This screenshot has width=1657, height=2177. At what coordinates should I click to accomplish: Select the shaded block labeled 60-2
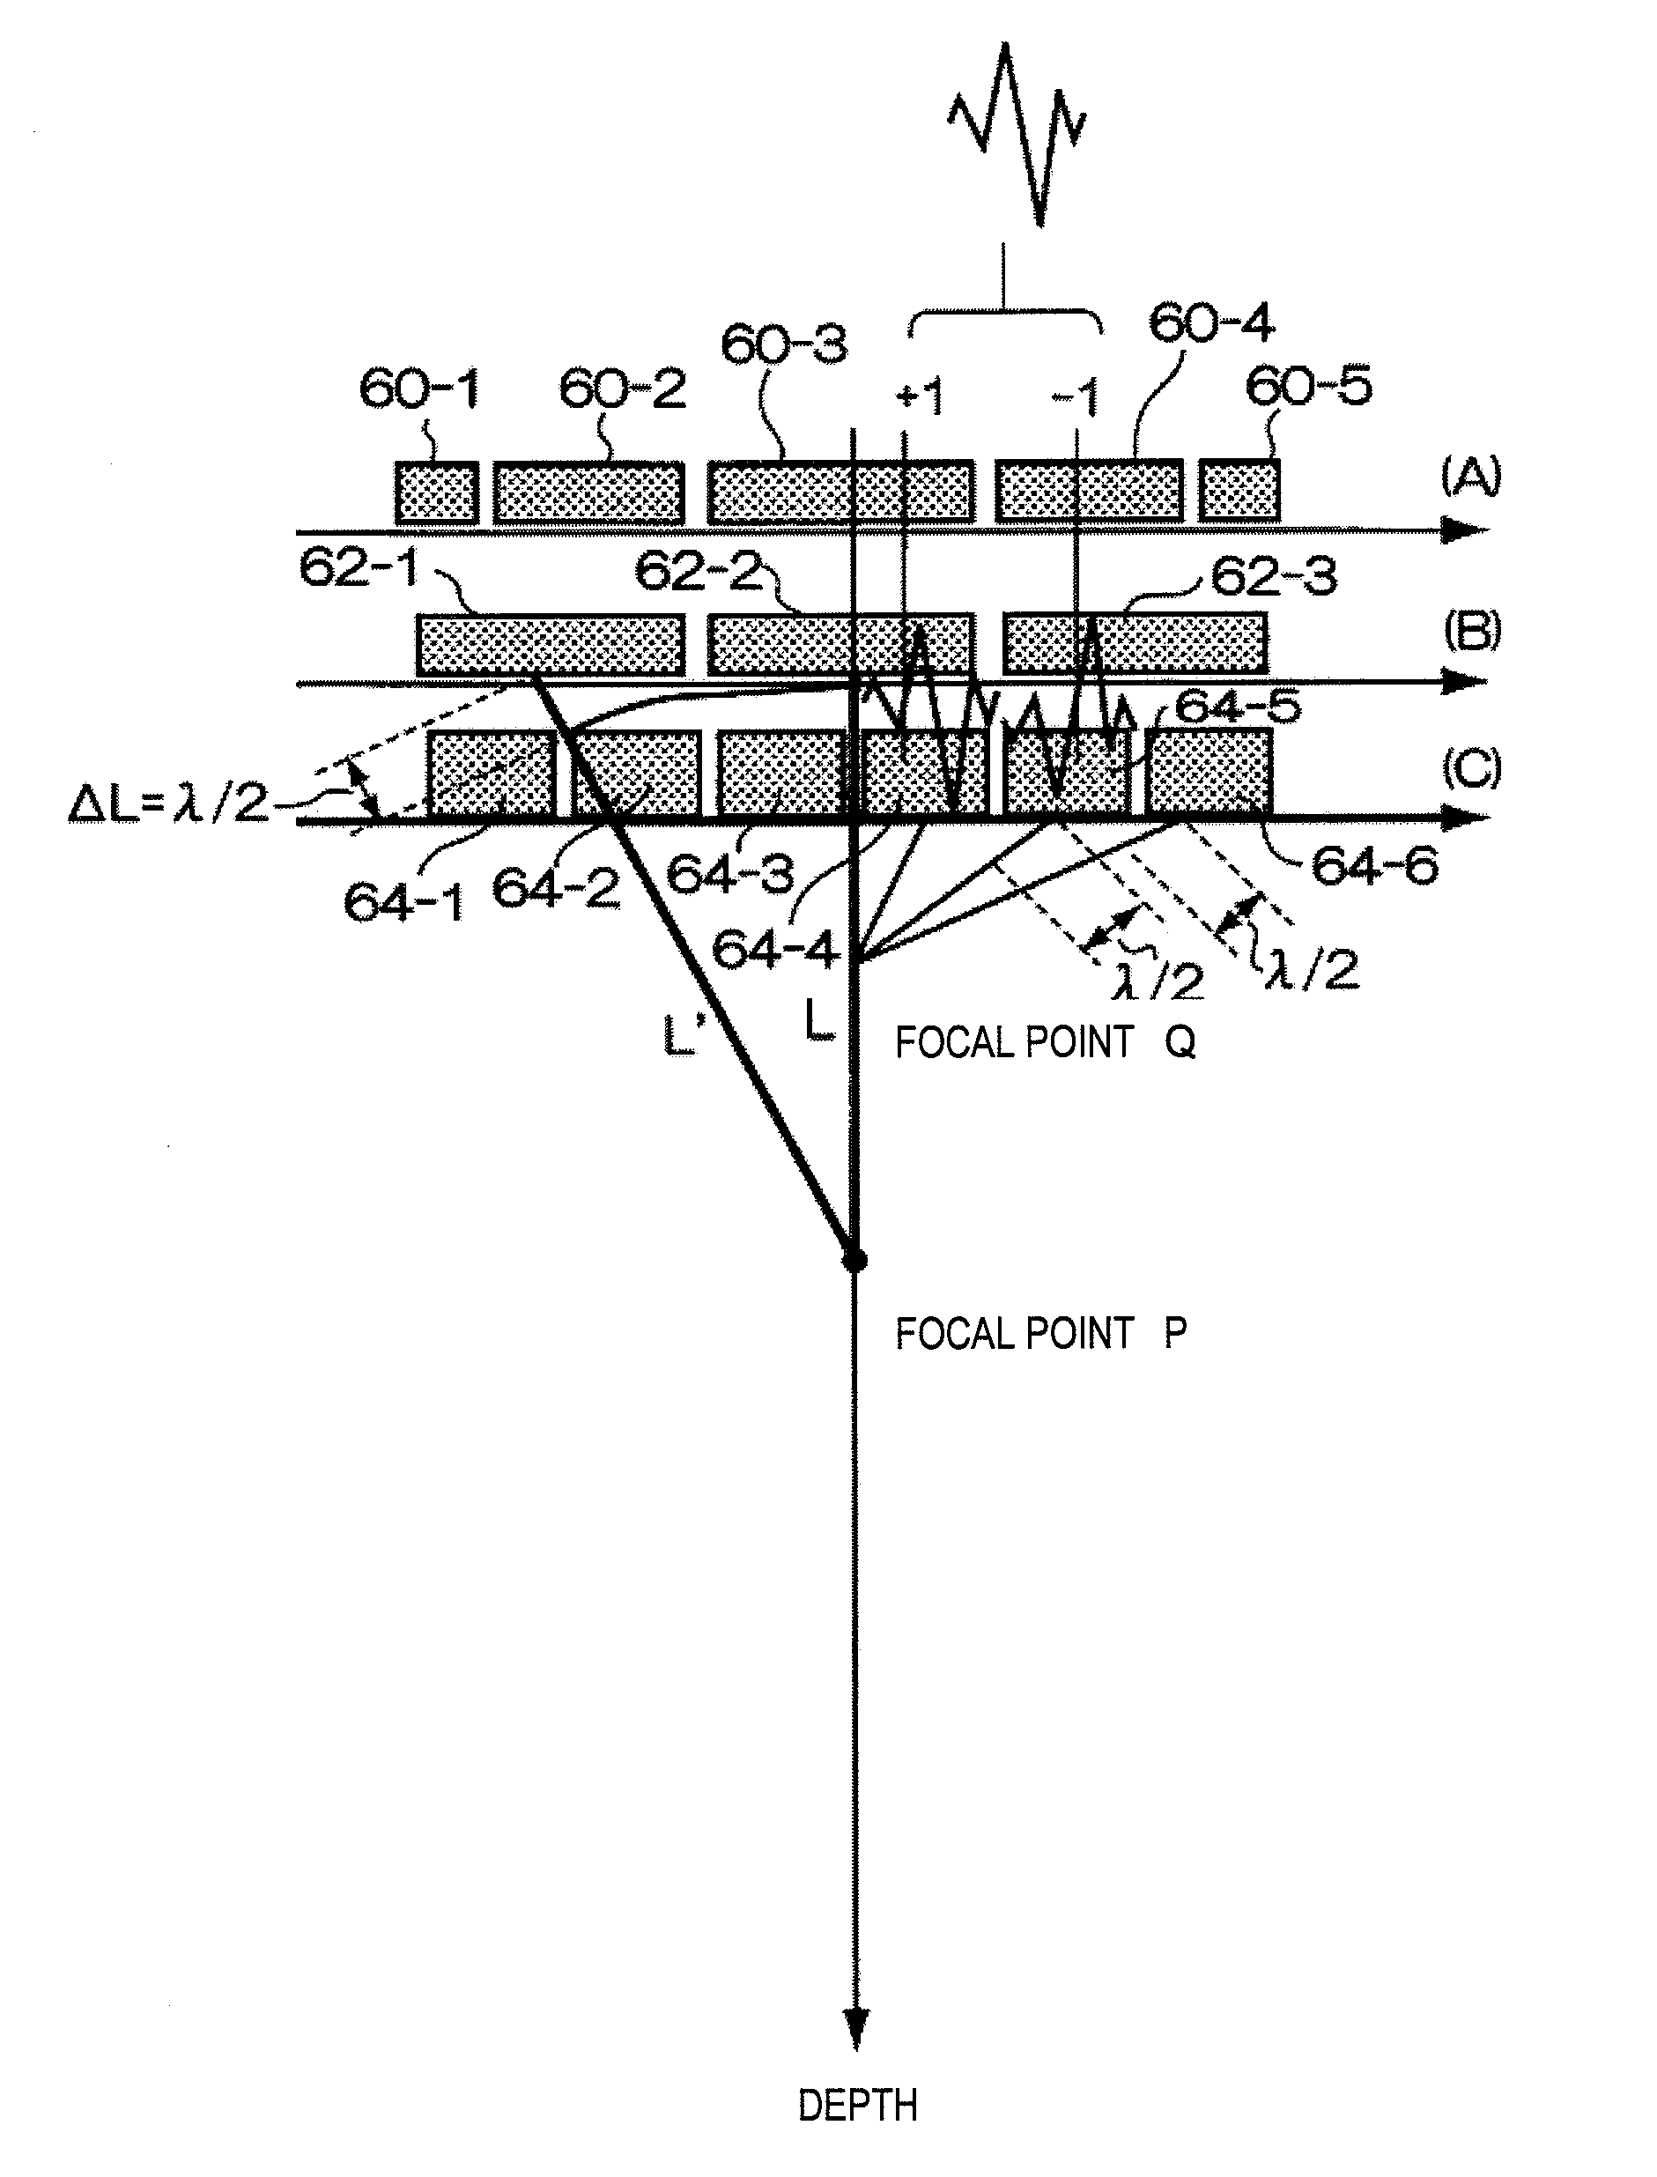click(x=588, y=492)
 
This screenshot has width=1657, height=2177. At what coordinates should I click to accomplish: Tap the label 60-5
click(x=1308, y=386)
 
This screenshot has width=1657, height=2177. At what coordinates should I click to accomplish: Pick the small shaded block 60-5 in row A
click(x=1239, y=490)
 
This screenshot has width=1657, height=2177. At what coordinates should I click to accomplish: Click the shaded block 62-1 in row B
click(x=551, y=645)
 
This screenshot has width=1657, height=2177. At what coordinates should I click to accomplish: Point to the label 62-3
click(x=1273, y=577)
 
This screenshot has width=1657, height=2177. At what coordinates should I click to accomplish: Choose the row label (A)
click(x=1470, y=477)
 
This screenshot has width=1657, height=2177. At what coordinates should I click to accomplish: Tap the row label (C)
click(x=1472, y=768)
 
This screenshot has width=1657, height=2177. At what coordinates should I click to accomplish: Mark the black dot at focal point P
click(x=855, y=1260)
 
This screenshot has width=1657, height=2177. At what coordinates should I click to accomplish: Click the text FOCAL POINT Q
click(x=1044, y=1042)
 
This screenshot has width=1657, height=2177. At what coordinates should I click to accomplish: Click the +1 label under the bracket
click(x=920, y=397)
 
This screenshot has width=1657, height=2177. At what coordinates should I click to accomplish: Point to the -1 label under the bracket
click(x=1074, y=399)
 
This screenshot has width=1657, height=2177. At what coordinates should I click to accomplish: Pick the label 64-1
click(x=403, y=901)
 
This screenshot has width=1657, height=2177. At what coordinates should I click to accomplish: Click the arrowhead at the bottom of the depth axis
click(x=856, y=2030)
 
